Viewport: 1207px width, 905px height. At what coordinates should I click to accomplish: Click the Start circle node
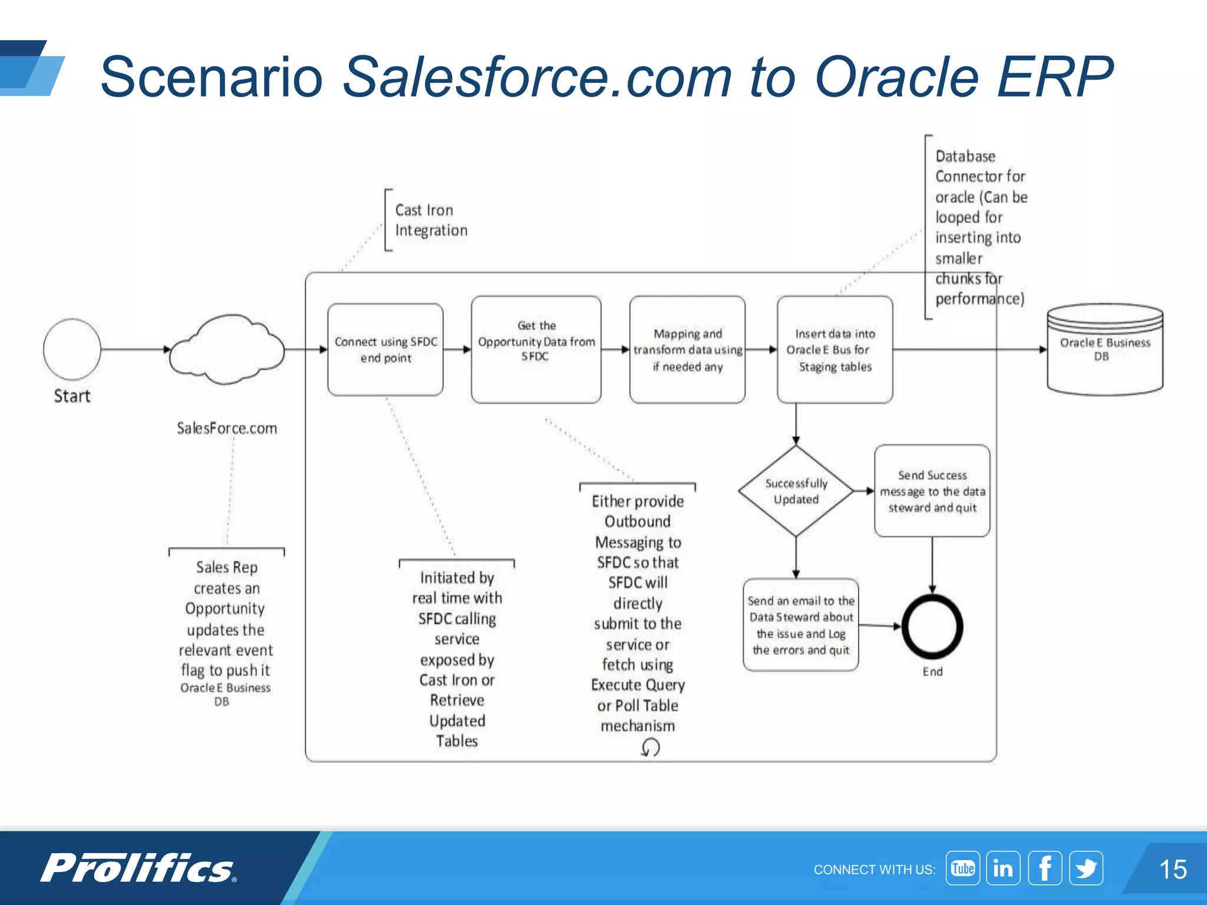click(x=72, y=349)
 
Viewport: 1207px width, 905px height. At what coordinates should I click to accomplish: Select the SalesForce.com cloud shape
click(x=227, y=350)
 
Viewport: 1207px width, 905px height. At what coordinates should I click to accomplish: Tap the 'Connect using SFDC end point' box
click(x=385, y=350)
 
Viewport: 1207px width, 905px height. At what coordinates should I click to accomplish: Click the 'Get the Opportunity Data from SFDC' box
click(x=536, y=349)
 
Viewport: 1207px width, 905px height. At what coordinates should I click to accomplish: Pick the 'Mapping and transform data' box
click(x=687, y=349)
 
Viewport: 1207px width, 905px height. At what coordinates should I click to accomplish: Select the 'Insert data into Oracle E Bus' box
click(x=835, y=349)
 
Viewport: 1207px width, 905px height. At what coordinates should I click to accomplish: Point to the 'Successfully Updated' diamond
click(x=796, y=491)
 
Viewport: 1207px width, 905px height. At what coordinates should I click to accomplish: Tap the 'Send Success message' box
click(x=932, y=491)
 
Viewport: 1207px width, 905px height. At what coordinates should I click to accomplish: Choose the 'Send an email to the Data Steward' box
click(x=800, y=625)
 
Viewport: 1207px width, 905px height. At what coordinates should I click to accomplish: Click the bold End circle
click(x=932, y=627)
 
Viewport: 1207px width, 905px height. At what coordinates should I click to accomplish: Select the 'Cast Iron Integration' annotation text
click(x=430, y=220)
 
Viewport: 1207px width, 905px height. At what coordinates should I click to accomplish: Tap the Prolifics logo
click(x=138, y=868)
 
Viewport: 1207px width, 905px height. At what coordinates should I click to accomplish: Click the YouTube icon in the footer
click(x=962, y=868)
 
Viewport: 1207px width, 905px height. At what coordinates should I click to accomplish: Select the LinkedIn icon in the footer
click(x=1003, y=868)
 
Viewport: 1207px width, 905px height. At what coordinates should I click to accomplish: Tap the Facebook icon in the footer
click(x=1044, y=868)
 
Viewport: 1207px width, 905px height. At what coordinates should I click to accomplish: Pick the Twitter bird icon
click(x=1086, y=868)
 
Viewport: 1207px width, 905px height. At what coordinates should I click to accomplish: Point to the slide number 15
click(x=1172, y=869)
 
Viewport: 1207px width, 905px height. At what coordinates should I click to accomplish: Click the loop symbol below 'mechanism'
click(x=650, y=748)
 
